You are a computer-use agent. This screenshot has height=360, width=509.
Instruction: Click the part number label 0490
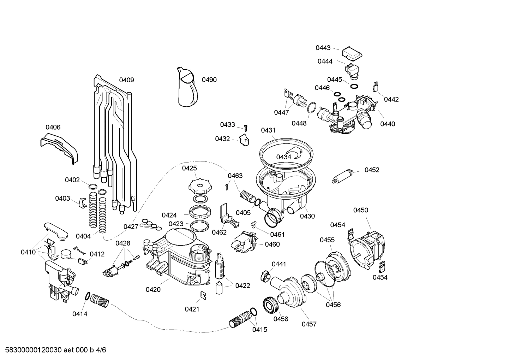point(209,80)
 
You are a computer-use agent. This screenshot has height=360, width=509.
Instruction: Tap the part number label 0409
point(126,80)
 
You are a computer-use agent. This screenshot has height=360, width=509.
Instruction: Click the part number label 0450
point(360,210)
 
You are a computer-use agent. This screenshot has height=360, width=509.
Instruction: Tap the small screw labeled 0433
point(246,127)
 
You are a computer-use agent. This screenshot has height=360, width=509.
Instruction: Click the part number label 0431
point(268,130)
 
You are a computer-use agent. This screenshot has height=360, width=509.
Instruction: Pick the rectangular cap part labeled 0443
point(352,53)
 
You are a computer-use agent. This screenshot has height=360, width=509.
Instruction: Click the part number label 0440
point(388,124)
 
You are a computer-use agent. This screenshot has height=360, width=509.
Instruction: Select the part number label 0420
point(153,290)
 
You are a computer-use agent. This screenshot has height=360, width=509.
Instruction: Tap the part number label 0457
point(309,324)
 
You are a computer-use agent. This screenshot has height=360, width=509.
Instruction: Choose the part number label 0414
point(80,314)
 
